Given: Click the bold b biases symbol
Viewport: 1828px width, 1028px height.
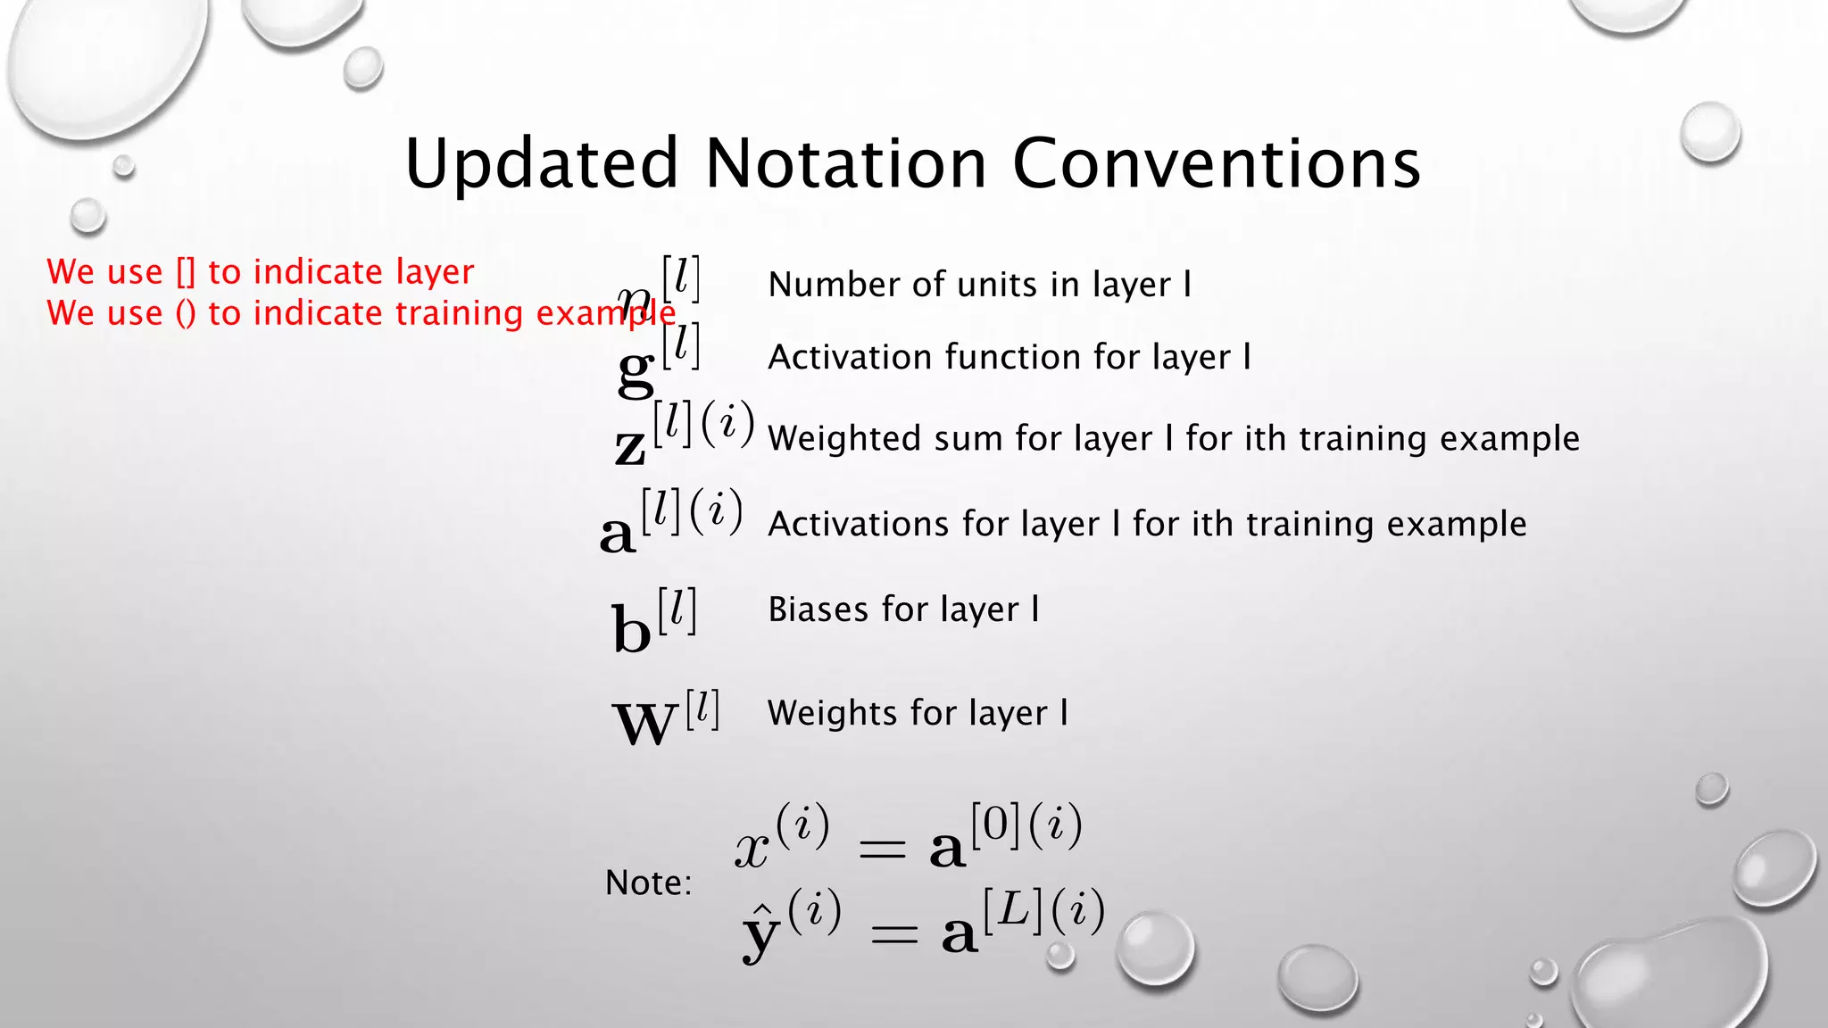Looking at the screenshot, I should click(x=632, y=629).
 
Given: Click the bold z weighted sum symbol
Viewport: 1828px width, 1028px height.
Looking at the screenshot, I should click(x=630, y=446).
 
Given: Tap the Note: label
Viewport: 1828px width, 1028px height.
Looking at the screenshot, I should click(x=648, y=883).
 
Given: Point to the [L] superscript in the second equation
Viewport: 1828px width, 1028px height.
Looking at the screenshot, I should click(x=1013, y=911).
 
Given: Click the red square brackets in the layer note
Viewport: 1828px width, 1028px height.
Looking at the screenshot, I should click(x=185, y=272).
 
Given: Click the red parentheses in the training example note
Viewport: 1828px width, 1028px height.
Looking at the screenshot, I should click(x=185, y=313).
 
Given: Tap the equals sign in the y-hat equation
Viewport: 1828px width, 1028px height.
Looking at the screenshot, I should click(x=893, y=935).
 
